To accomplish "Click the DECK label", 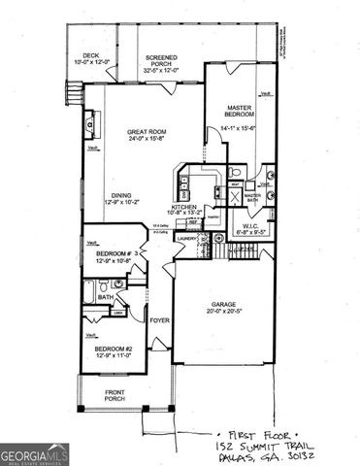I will pyautogui.click(x=91, y=56).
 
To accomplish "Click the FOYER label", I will pyautogui.click(x=159, y=318).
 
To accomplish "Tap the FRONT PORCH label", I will pyautogui.click(x=120, y=395).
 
